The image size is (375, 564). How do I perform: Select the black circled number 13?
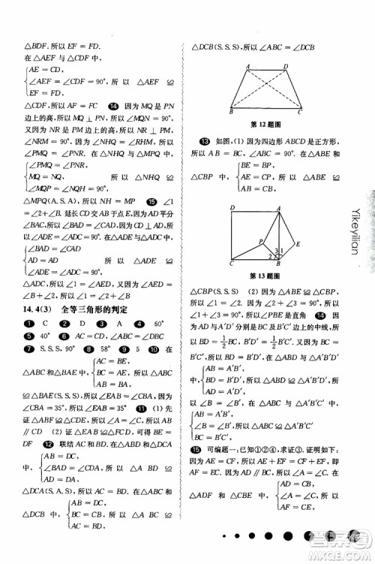[x=203, y=140]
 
